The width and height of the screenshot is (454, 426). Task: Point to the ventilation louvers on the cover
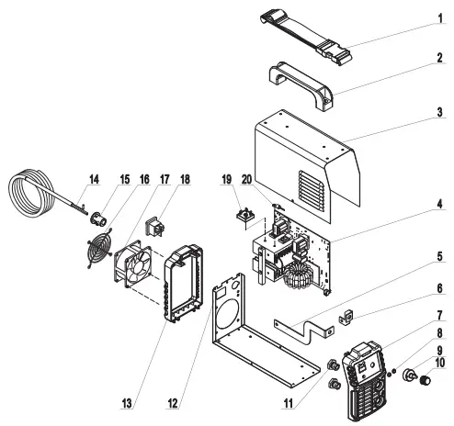point(312,188)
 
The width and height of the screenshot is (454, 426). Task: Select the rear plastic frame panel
point(186,285)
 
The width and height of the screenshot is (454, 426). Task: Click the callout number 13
point(126,402)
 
